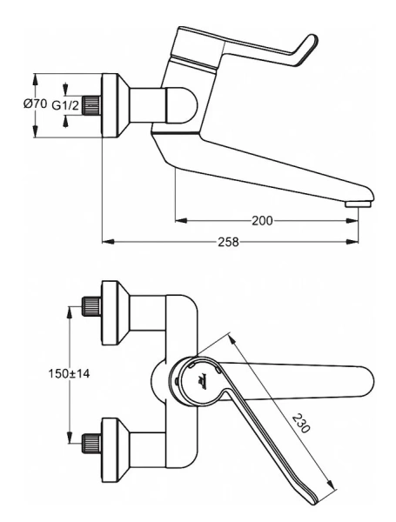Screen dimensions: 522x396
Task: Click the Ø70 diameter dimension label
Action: pyautogui.click(x=34, y=104)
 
